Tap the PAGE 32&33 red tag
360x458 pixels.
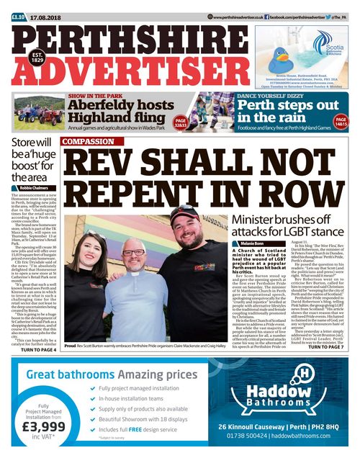[x=180, y=122]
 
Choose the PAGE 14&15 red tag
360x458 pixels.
[x=341, y=122]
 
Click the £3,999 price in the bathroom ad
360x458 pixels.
[x=44, y=426]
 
